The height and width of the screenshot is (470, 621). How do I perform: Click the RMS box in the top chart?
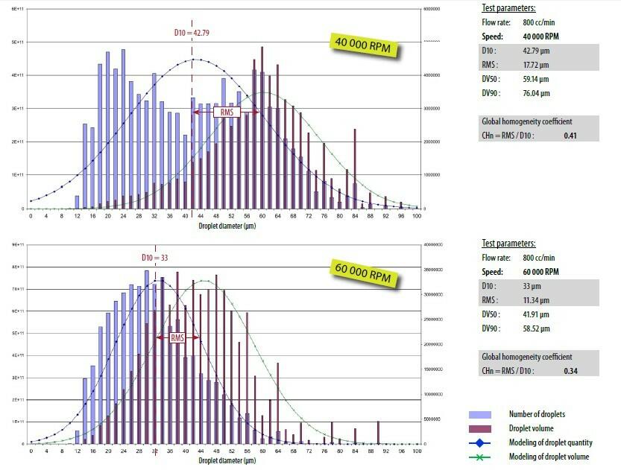(226, 112)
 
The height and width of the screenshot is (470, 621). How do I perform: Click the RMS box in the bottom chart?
(177, 337)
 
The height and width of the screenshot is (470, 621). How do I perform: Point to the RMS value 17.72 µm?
(534, 65)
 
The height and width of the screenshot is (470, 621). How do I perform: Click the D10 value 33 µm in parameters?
(530, 286)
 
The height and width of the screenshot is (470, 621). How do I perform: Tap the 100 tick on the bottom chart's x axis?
(416, 451)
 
